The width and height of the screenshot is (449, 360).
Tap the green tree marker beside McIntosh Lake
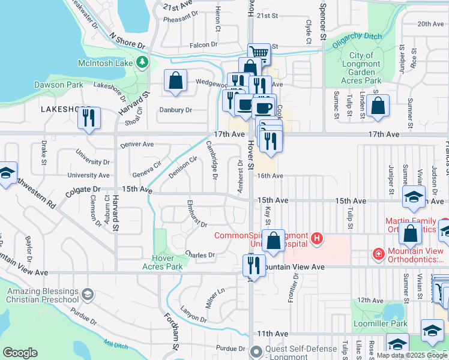142,62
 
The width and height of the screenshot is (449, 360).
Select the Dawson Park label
59,85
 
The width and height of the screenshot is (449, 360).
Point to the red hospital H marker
317,240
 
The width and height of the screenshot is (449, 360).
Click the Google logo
20,353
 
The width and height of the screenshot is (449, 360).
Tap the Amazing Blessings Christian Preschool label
42,296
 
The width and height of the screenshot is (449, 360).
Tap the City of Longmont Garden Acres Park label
361,68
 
